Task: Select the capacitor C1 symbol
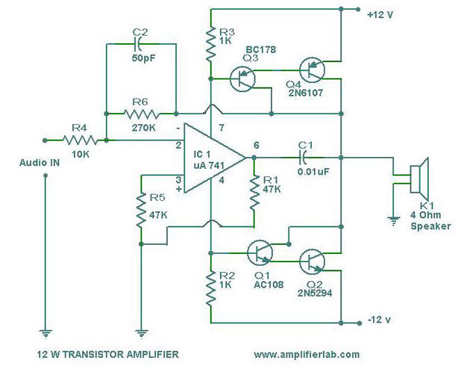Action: point(303,158)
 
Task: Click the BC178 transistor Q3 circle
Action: point(243,78)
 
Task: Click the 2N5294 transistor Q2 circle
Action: point(314,262)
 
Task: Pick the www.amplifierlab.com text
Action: point(307,354)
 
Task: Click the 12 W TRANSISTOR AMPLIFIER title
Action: point(107,354)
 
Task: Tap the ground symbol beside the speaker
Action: point(391,219)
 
